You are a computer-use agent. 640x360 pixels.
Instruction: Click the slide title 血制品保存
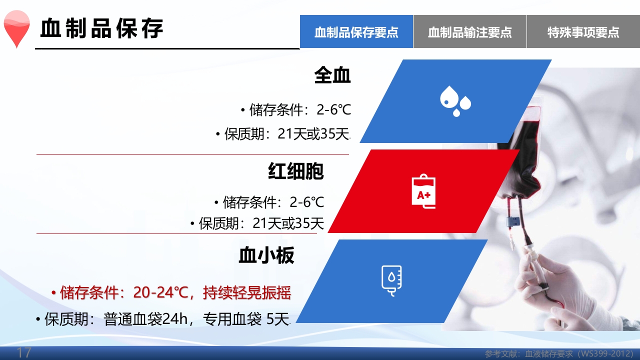click(102, 28)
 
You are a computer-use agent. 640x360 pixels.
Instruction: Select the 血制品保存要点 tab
click(356, 32)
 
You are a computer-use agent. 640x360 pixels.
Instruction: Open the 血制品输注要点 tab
click(470, 32)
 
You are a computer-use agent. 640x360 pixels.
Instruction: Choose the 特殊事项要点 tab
click(583, 32)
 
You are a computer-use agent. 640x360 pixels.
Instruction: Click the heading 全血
click(332, 75)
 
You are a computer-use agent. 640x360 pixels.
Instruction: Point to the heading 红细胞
click(296, 171)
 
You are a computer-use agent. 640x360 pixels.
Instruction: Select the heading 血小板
click(266, 255)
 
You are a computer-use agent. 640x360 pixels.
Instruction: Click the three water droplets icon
click(455, 101)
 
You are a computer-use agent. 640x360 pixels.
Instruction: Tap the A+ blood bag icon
click(423, 191)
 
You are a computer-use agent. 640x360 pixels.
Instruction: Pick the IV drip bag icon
click(391, 280)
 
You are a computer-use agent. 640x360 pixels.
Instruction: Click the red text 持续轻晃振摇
click(247, 293)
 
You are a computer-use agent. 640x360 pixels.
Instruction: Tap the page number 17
click(24, 352)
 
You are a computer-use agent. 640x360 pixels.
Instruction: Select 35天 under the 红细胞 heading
click(309, 223)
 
